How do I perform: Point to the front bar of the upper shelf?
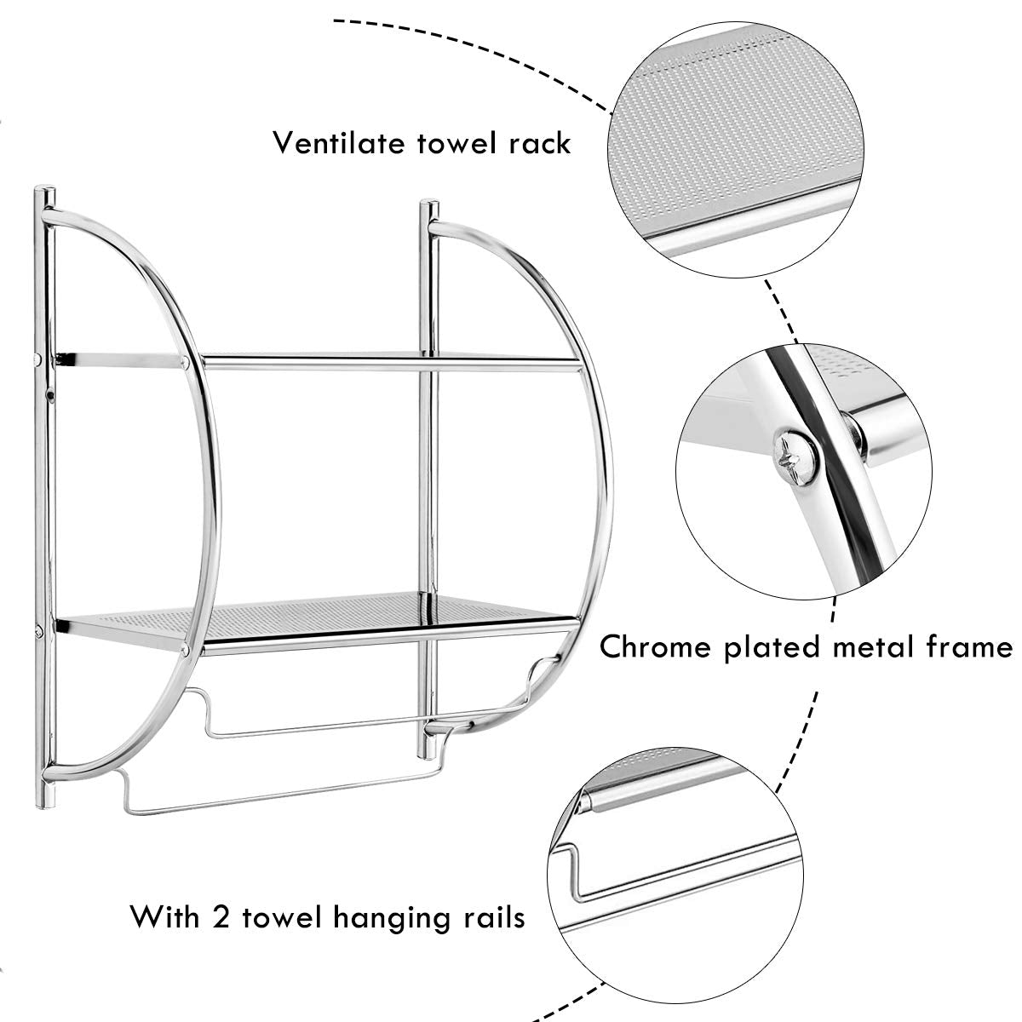tap(383, 364)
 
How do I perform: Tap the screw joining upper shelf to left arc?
tap(185, 363)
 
